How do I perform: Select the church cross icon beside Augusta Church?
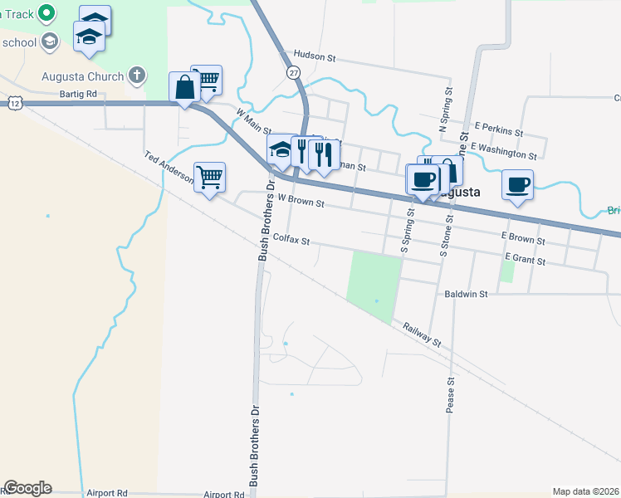pos(138,76)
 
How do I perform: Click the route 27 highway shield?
pos(294,73)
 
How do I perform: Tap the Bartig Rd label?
pos(78,95)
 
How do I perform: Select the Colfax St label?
pos(291,242)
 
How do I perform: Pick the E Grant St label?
pos(522,261)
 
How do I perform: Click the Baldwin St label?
pos(466,294)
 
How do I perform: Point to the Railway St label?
pos(422,334)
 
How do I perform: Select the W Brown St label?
pos(300,200)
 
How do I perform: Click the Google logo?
pos(27,488)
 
